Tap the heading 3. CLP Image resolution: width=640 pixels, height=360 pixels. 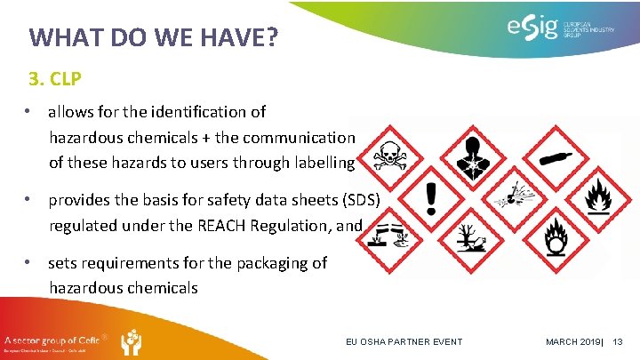click(55, 79)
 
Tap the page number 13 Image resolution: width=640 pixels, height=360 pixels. click(619, 342)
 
